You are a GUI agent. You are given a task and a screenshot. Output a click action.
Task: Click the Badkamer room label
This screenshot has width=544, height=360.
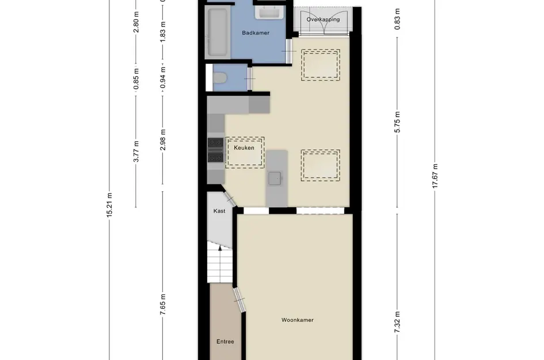pyautogui.click(x=256, y=33)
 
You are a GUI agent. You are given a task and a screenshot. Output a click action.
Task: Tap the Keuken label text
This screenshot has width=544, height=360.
pyautogui.click(x=244, y=148)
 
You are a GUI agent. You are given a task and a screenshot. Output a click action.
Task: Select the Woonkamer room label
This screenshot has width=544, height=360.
pyautogui.click(x=297, y=320)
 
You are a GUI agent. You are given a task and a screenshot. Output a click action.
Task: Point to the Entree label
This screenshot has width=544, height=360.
pyautogui.click(x=225, y=342)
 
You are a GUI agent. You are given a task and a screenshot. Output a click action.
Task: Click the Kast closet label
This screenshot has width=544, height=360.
pyautogui.click(x=219, y=211)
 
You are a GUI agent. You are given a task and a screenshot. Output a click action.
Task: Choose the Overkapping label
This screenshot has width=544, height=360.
pyautogui.click(x=323, y=20)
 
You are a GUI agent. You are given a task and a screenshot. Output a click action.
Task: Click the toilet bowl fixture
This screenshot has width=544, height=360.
pyautogui.click(x=219, y=77)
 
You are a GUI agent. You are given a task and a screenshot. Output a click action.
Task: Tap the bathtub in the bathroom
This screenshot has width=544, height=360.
pyautogui.click(x=218, y=33)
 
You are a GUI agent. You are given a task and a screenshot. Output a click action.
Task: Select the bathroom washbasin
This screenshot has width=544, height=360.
pyautogui.click(x=270, y=13)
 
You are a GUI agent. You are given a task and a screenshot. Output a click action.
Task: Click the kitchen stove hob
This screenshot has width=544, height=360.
pyautogui.click(x=215, y=150)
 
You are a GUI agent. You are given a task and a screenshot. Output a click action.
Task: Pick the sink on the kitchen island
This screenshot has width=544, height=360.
pyautogui.click(x=275, y=179)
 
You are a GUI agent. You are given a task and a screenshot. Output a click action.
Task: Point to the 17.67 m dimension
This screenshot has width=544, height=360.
pyautogui.click(x=435, y=176)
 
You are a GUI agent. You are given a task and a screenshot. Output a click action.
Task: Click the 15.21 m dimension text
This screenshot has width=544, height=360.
pyautogui.click(x=109, y=205)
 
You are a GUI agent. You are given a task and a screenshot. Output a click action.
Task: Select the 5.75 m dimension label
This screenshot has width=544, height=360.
pyautogui.click(x=397, y=122)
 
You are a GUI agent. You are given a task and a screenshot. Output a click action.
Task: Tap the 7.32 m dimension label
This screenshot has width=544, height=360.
pyautogui.click(x=397, y=322)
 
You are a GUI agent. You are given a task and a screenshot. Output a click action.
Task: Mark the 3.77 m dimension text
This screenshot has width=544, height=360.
pyautogui.click(x=136, y=151)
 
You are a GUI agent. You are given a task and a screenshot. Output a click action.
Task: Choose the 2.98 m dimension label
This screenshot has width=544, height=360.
pyautogui.click(x=163, y=139)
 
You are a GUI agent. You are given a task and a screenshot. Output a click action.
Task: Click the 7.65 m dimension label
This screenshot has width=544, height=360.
pyautogui.click(x=163, y=305)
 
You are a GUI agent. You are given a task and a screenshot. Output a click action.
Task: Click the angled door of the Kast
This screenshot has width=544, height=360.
pyautogui.click(x=229, y=199)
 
